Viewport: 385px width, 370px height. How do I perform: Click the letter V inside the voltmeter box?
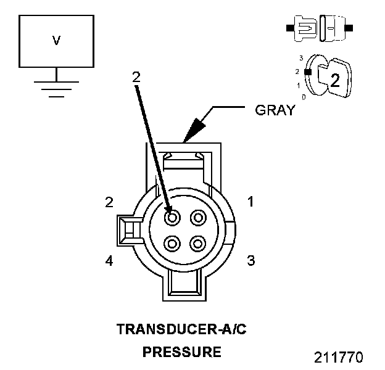coord(56,41)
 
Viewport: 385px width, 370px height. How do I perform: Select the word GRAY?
coord(275,111)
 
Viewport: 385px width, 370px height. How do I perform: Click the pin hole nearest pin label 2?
coord(173,217)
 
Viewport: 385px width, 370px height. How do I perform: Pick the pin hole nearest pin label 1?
coord(198,217)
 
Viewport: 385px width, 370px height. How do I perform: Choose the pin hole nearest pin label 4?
coord(173,243)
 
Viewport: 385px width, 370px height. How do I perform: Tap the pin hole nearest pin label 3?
coord(198,243)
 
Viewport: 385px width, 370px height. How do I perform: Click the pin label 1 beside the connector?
coord(250,202)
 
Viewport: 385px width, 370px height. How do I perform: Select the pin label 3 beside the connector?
coord(250,260)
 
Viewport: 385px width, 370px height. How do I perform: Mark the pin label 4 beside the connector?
coord(109,261)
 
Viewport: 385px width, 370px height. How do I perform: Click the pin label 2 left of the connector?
coord(109,202)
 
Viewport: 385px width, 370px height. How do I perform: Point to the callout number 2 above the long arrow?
coord(136,77)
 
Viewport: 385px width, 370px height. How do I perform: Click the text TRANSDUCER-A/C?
coord(181,329)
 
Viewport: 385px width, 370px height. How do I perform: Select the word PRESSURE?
coord(181,352)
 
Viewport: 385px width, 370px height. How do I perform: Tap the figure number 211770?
coord(339,358)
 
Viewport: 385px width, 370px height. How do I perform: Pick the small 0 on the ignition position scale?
coord(303,97)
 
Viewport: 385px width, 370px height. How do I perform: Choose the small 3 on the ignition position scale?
coord(300,58)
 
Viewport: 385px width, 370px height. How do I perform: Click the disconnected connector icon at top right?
coord(319,28)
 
